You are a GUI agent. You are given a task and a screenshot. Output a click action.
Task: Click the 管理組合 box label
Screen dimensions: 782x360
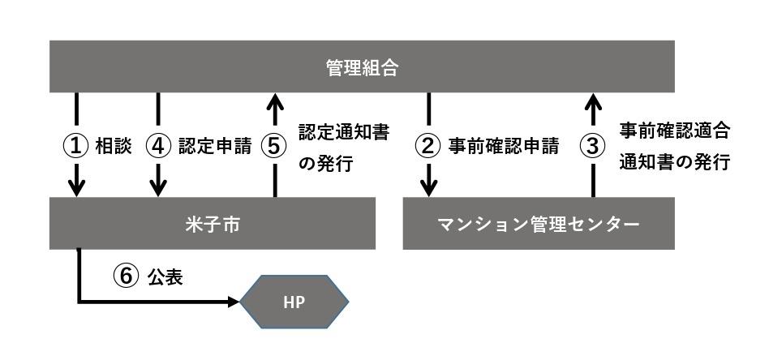pyautogui.click(x=362, y=68)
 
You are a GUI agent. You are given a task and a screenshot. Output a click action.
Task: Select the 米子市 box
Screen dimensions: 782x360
pyautogui.click(x=213, y=224)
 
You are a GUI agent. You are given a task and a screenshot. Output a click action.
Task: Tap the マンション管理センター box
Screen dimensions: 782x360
pyautogui.click(x=539, y=224)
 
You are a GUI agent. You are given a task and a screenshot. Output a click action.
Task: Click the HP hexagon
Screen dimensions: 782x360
pyautogui.click(x=294, y=302)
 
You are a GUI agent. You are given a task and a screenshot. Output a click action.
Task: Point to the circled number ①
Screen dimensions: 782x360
pyautogui.click(x=76, y=147)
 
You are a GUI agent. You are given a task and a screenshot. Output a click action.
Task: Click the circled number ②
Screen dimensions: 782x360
pyautogui.click(x=428, y=147)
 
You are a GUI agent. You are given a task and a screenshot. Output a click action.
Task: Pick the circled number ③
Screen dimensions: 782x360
pyautogui.click(x=593, y=147)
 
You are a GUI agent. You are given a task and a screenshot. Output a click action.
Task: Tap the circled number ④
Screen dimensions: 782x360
pyautogui.click(x=158, y=147)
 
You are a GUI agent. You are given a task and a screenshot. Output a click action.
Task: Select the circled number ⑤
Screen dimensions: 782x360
pyautogui.click(x=274, y=147)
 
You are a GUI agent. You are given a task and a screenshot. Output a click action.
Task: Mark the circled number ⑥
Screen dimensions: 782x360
pyautogui.click(x=127, y=276)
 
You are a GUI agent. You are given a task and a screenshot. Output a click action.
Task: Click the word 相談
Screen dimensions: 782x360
pyautogui.click(x=114, y=147)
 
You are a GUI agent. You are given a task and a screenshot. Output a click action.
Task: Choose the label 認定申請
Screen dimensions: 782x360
pyautogui.click(x=215, y=147)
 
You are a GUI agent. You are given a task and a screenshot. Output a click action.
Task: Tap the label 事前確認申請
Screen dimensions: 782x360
pyautogui.click(x=504, y=147)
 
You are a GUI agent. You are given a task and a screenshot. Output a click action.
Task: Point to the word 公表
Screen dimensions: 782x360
pyautogui.click(x=165, y=277)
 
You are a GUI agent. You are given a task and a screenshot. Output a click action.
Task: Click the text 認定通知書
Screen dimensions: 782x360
pyautogui.click(x=344, y=131)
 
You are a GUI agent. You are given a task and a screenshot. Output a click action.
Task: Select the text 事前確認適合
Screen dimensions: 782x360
pyautogui.click(x=675, y=131)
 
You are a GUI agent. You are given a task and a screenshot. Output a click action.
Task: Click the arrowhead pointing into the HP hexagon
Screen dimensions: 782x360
pyautogui.click(x=234, y=302)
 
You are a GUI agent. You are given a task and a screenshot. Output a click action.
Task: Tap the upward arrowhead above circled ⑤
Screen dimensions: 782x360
pyautogui.click(x=274, y=101)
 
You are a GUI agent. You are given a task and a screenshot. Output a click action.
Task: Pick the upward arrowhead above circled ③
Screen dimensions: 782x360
pyautogui.click(x=593, y=101)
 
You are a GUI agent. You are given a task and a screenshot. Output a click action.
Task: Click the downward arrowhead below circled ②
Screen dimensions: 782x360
pyautogui.click(x=428, y=188)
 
